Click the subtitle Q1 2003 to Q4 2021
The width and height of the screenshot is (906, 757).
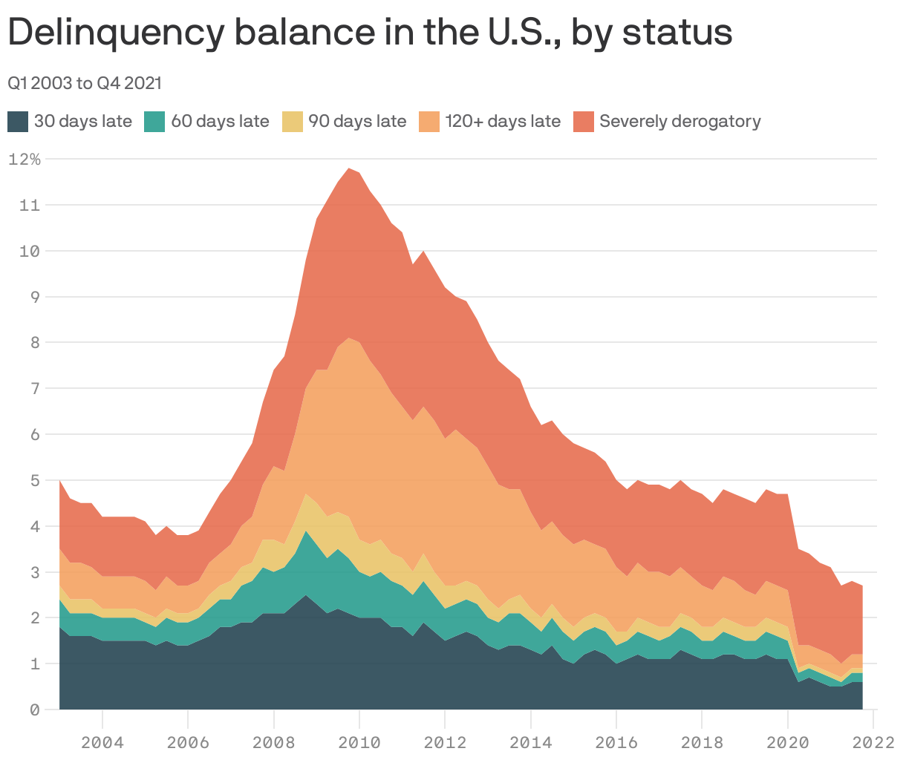[x=85, y=83]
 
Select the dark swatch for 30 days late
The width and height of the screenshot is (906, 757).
[x=19, y=122]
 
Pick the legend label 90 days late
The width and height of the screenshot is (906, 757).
[x=357, y=122]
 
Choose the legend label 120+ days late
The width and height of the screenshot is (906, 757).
[x=503, y=122]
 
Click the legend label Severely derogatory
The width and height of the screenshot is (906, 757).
[x=679, y=122]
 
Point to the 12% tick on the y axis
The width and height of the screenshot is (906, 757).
[x=25, y=159]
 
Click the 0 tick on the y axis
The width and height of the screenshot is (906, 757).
[x=34, y=710]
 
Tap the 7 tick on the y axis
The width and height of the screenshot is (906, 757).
[x=34, y=389]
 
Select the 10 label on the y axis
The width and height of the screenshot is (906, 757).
[x=30, y=251]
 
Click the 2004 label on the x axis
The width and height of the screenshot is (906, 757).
[x=102, y=742]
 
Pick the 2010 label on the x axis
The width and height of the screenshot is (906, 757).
[x=359, y=742]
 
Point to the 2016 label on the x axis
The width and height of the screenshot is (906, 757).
[x=616, y=742]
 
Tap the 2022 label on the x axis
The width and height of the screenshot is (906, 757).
[x=873, y=742]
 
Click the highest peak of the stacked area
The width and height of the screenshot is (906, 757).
[x=349, y=168]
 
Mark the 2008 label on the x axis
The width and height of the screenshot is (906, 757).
[x=274, y=742]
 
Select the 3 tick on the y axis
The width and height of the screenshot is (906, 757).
[x=34, y=572]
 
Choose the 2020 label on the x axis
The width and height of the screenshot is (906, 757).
[x=788, y=742]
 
